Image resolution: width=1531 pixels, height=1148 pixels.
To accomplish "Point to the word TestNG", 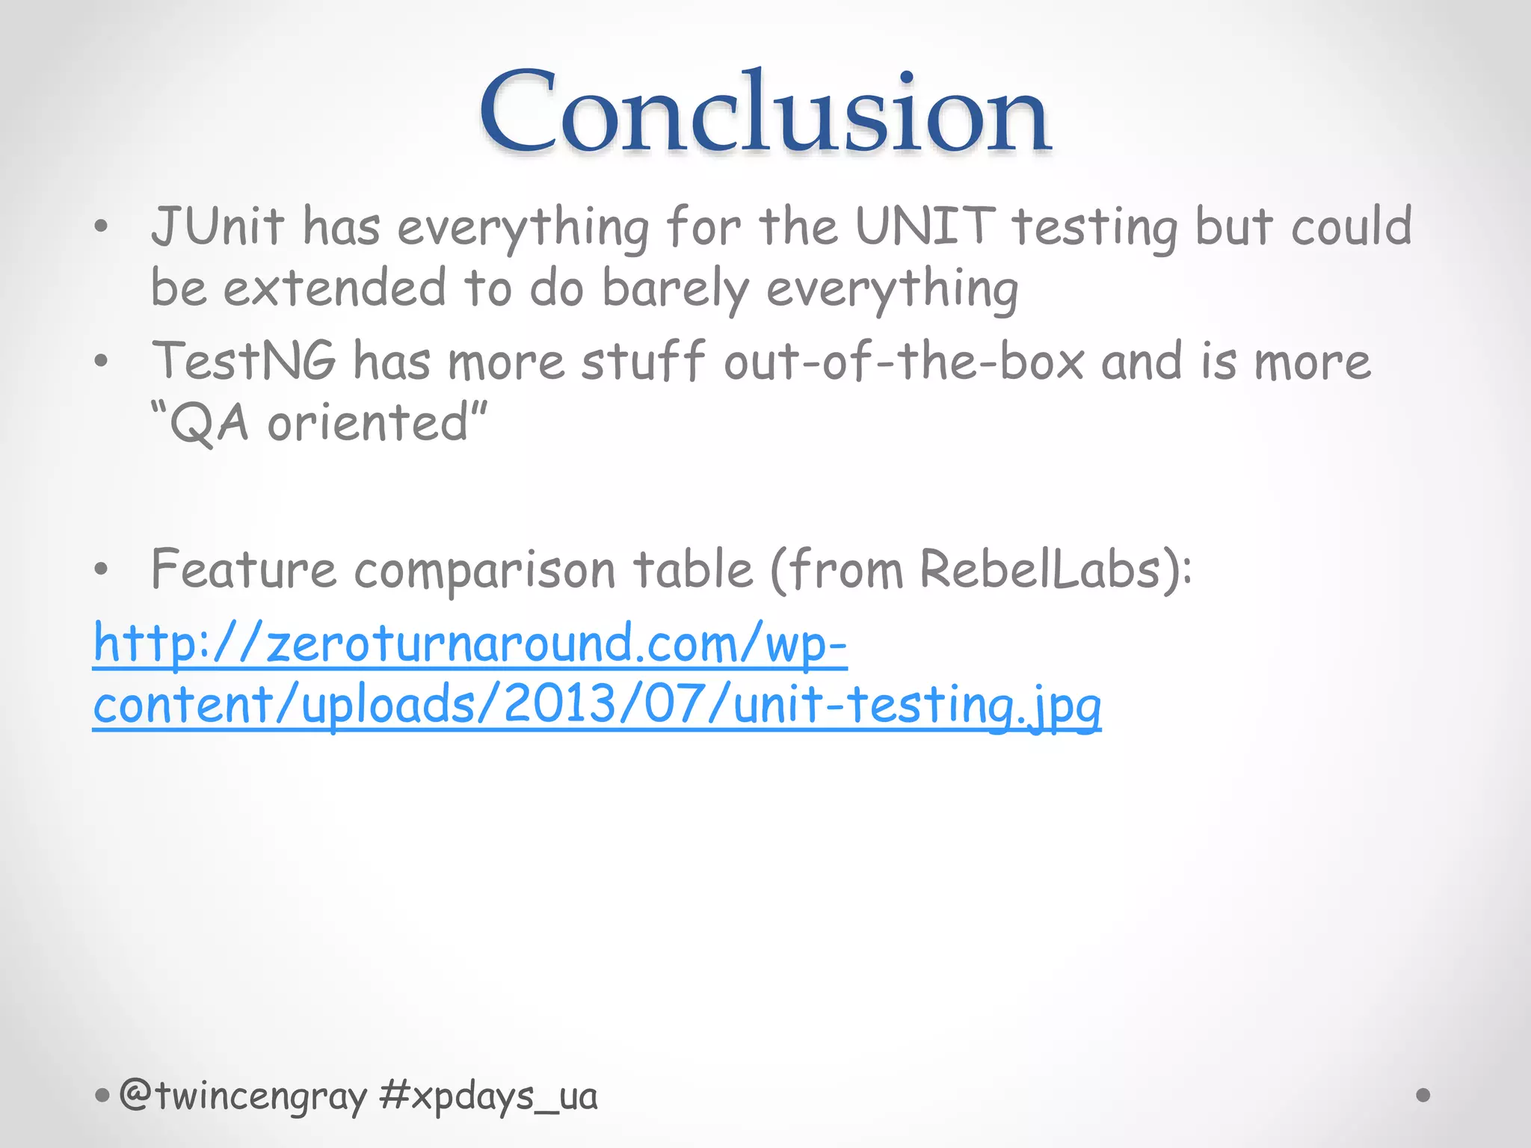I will point(244,362).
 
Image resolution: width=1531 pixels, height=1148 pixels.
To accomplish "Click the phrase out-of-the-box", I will point(904,362).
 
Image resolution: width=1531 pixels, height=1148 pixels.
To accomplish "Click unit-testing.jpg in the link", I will point(917,706).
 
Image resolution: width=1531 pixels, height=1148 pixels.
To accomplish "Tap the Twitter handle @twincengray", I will point(243,1096).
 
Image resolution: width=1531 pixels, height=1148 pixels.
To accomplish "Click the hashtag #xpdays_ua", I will point(488,1096).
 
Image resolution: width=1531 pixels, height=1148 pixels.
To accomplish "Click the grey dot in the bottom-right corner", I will point(1423,1095).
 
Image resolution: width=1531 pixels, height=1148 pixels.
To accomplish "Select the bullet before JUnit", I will point(102,226).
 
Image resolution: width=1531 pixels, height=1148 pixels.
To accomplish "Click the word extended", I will point(335,288).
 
